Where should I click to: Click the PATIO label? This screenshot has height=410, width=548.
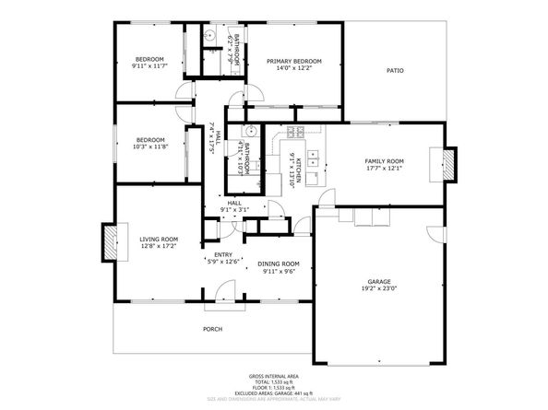tap(395, 71)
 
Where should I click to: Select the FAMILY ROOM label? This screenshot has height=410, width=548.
tap(385, 160)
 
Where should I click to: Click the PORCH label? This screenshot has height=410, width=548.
tap(213, 329)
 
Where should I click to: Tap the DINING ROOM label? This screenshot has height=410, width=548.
tap(279, 264)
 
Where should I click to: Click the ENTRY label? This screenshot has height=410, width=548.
tap(222, 254)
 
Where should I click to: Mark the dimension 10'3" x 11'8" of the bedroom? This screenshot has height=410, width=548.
tap(150, 146)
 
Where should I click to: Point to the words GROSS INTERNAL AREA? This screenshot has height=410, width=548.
tap(272, 376)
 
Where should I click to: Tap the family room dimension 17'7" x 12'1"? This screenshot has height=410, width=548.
tap(385, 168)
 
